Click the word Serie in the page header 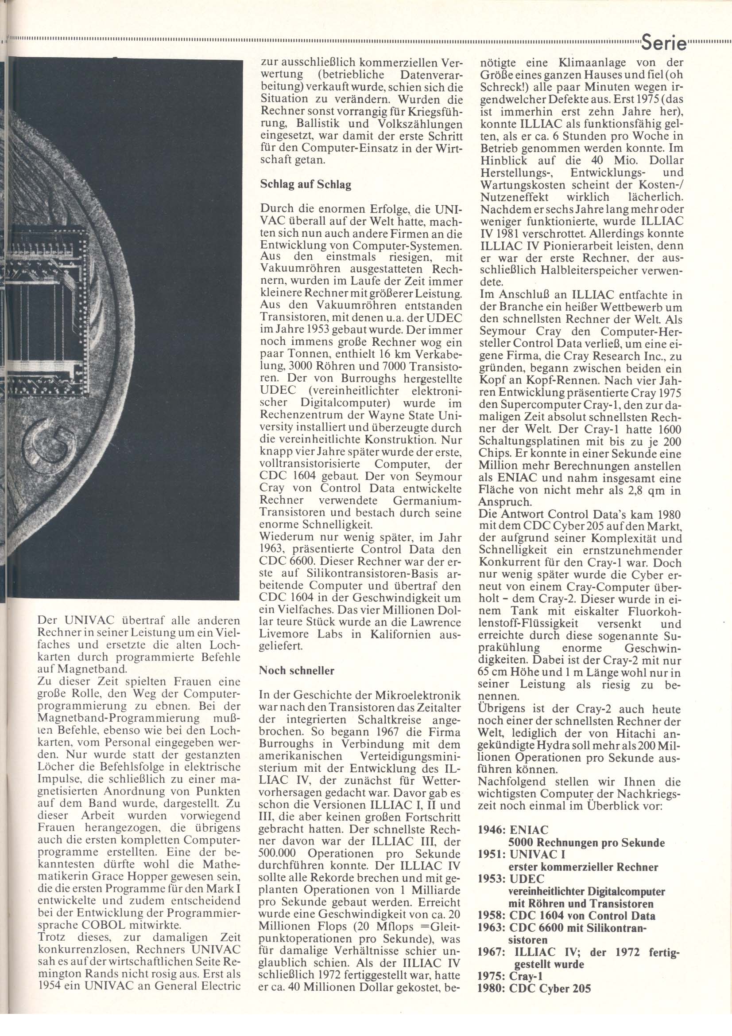pos(663,44)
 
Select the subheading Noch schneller pos(296,671)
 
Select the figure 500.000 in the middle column pos(279,854)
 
